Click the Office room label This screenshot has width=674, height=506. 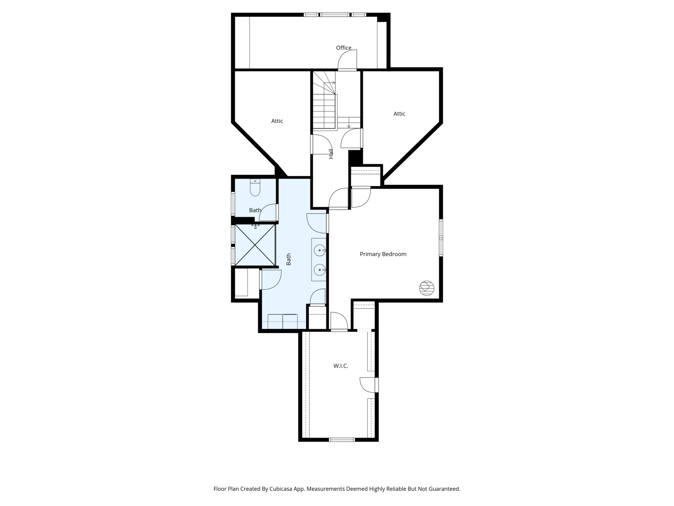[344, 48]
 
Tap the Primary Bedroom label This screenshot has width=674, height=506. [383, 254]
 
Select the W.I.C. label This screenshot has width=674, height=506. [341, 366]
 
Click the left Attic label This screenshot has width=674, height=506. [277, 121]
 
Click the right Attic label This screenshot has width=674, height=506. [399, 114]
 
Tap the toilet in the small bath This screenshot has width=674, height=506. [255, 188]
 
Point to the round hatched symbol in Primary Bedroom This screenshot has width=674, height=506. [427, 288]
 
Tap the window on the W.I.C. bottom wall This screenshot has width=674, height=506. [342, 440]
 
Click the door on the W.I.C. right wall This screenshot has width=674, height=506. [377, 385]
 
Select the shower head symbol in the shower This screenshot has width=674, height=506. [255, 226]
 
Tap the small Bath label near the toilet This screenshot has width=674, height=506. [255, 210]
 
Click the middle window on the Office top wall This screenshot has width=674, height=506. [335, 15]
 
